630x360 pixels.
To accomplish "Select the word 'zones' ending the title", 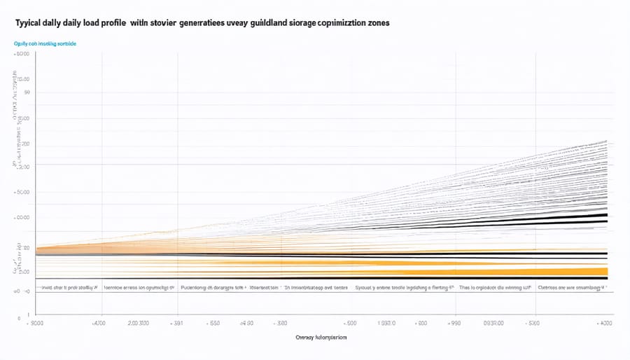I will [x=375, y=22].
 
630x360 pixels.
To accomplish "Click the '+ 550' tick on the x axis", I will [x=211, y=323].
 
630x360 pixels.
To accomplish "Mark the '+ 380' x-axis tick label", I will [x=279, y=323].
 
